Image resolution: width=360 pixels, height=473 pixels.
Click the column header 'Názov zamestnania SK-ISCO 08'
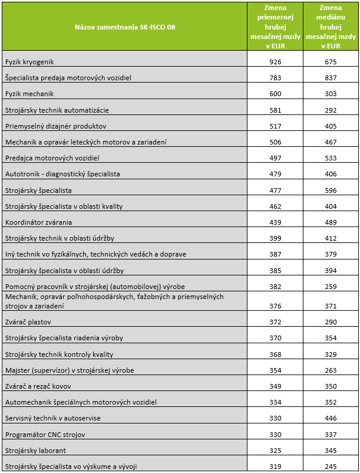[125, 27]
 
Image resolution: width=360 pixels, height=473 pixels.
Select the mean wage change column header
[275, 27]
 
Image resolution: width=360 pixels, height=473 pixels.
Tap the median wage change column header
[331, 27]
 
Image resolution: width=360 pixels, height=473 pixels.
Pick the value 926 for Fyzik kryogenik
[275, 61]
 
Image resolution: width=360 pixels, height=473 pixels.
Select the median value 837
[331, 78]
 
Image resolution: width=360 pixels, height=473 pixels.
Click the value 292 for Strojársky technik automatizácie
[331, 110]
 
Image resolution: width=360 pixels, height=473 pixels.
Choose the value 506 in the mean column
[275, 142]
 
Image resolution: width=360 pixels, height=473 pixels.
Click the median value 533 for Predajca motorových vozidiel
[331, 158]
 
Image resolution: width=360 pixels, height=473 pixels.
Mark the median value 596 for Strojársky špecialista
[331, 190]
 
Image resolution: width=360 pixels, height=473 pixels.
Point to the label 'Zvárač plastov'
[28, 323]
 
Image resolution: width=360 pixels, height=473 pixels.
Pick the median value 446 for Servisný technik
[331, 418]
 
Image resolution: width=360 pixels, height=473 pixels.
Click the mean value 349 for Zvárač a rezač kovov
[275, 386]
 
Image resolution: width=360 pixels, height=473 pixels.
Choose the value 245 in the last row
[331, 467]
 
